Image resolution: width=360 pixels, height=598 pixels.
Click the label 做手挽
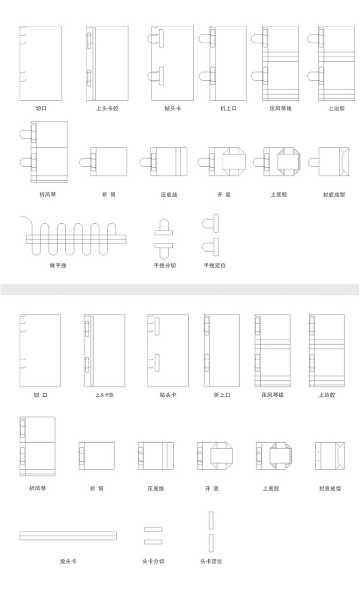pos(58,265)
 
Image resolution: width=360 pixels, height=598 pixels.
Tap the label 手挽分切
pos(165,265)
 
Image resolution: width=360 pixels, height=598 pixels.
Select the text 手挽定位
pos(214,265)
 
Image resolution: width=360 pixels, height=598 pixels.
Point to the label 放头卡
pos(68,561)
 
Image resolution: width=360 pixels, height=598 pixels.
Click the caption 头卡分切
pos(153,561)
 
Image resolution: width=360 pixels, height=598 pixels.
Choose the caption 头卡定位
pos(211,561)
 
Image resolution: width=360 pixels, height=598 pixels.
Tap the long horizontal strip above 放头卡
pos(68,536)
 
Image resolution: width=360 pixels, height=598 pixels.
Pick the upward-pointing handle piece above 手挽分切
pos(164,227)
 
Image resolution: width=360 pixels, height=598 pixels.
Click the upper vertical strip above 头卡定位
pos(211,521)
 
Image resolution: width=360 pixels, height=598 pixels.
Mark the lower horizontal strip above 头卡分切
pos(153,542)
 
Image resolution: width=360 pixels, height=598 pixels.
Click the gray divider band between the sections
pos(180,289)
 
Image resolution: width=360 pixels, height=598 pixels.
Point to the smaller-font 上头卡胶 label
pos(104,395)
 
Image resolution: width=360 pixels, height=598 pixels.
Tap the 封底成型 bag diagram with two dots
pos(330,456)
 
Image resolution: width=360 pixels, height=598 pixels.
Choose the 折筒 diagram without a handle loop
pos(97,456)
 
